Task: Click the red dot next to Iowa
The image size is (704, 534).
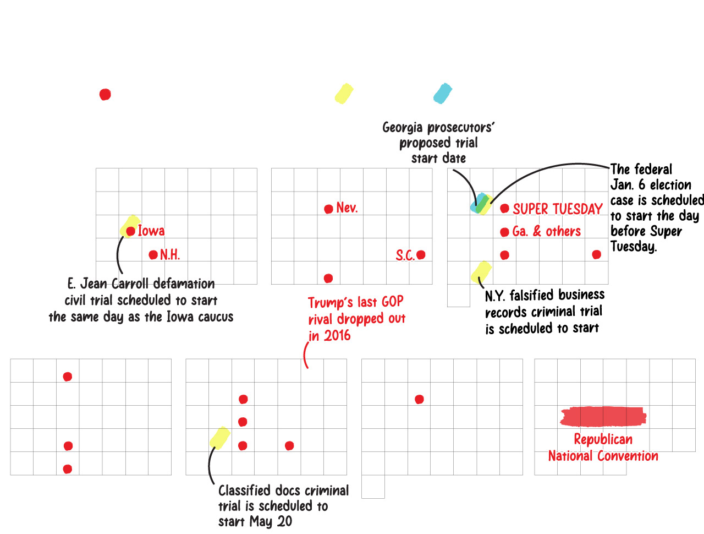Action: coord(130,231)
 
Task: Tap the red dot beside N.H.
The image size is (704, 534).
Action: coord(153,255)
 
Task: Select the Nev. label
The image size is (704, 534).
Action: coord(346,208)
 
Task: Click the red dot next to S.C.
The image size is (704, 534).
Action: coord(421,254)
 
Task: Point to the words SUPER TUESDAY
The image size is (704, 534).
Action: coord(557,209)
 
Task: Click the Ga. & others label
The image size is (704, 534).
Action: coord(546,232)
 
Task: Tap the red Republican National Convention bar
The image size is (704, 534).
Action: coord(603,416)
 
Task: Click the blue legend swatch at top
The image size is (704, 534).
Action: coord(442,94)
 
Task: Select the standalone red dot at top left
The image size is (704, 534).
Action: coord(105,95)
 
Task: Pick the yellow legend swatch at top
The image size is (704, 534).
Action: coord(344,94)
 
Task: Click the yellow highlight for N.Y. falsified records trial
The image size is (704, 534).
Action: coord(481,271)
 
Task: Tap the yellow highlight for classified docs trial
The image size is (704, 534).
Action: coord(220,438)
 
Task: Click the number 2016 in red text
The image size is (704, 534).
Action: coord(337,336)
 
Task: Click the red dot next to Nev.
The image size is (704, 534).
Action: coord(328,209)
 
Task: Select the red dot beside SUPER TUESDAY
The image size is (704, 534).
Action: coord(504,209)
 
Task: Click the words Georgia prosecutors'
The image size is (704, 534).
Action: coord(438,128)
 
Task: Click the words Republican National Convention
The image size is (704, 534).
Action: coord(603,448)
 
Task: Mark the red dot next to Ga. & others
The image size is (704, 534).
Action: coord(504,232)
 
